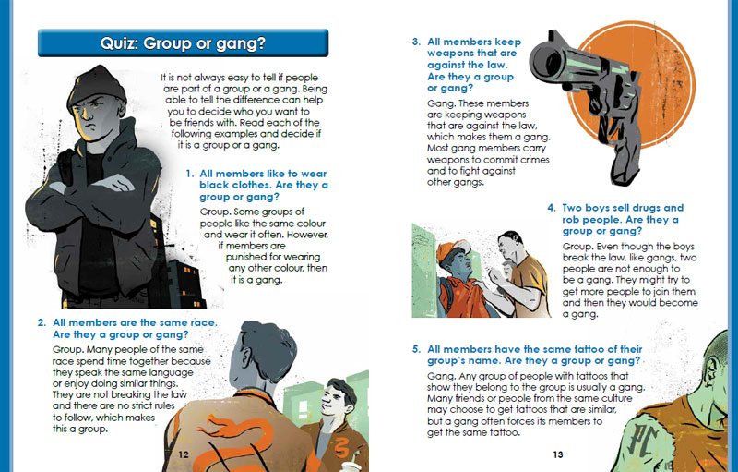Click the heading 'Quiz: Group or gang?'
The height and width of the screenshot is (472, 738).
[183, 43]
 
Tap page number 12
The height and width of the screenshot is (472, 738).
[184, 454]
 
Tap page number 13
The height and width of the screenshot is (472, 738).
[558, 454]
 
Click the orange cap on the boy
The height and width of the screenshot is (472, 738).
[453, 249]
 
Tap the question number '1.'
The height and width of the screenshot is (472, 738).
[190, 174]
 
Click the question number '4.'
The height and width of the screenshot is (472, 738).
[552, 208]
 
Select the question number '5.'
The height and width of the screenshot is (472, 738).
[417, 349]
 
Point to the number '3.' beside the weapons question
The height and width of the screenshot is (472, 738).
[417, 42]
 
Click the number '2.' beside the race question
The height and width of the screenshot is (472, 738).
[42, 322]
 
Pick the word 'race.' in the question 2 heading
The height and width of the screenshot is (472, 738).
[203, 322]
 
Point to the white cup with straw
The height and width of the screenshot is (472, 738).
[350, 466]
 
